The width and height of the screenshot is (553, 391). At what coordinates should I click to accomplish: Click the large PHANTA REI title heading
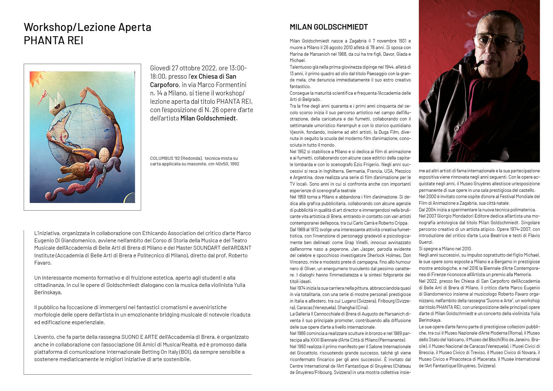(53, 41)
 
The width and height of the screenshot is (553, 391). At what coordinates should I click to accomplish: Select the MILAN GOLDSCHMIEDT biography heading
(329, 27)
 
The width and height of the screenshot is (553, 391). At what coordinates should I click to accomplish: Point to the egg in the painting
(104, 153)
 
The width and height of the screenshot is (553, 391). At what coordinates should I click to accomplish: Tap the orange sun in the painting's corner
(34, 77)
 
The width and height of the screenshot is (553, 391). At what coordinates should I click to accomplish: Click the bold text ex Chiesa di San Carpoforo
(193, 80)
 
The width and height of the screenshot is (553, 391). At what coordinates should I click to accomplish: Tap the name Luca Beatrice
(508, 236)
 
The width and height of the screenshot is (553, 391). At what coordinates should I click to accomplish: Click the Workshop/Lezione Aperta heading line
(87, 27)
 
